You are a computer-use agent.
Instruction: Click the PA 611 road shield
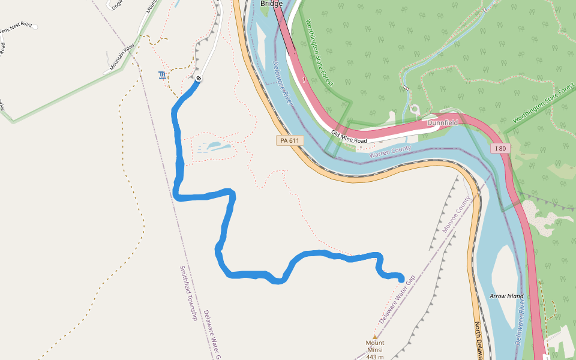(289, 140)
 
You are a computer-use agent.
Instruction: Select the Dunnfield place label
(442, 122)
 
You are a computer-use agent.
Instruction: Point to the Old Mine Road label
(349, 137)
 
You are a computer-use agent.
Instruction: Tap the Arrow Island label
(506, 296)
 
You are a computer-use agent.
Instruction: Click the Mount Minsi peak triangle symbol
(375, 337)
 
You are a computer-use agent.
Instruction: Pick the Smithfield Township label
(188, 293)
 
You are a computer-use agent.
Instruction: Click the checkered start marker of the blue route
(198, 78)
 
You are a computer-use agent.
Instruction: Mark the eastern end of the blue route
(401, 278)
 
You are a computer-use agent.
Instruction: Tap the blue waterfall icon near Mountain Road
(161, 76)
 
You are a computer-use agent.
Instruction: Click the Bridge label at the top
(271, 4)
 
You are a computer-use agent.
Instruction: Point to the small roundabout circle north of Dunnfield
(414, 110)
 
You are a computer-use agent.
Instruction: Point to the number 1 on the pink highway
(305, 79)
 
